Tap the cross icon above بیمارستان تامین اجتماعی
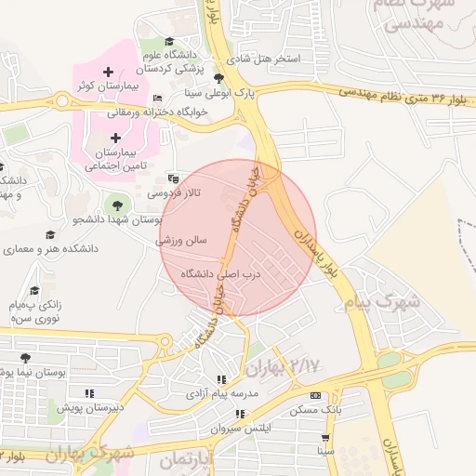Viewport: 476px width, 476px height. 115,138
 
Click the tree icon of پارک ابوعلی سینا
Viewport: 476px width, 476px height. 218,79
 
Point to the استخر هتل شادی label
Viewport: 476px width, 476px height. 267,59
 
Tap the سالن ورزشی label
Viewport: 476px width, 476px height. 192,240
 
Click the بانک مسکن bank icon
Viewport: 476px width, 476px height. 313,395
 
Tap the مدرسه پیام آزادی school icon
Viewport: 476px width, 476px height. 220,380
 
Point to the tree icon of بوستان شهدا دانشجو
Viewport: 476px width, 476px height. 116,204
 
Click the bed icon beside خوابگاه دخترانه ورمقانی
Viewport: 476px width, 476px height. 157,98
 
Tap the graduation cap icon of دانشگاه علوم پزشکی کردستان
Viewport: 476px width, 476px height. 169,42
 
